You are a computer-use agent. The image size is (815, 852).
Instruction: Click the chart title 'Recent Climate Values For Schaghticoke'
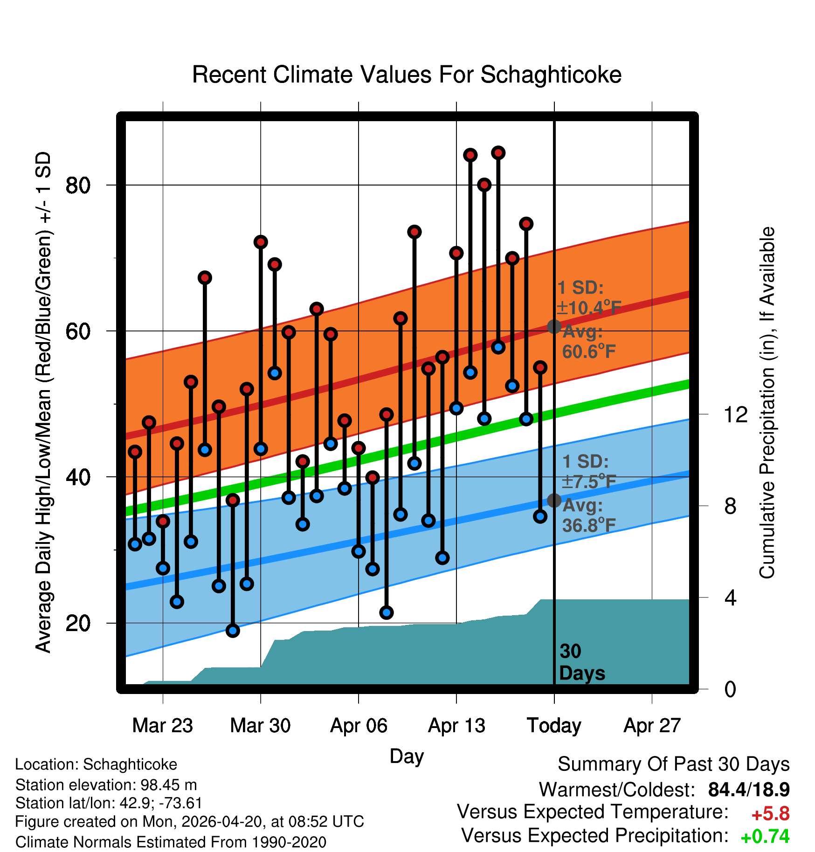tap(407, 75)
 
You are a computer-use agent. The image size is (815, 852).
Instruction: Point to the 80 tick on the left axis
tap(77, 186)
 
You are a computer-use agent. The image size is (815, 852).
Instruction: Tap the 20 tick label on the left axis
tap(77, 623)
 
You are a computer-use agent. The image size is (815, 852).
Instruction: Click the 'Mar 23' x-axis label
tap(162, 726)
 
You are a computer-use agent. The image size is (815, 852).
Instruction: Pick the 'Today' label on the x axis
tap(554, 726)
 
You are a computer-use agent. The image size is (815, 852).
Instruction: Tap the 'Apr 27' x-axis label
tap(652, 726)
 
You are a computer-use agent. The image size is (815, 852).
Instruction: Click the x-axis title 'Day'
tap(407, 756)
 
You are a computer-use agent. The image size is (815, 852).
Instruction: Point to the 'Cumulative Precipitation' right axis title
tap(767, 403)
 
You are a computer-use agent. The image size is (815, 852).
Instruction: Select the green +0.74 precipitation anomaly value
tap(765, 837)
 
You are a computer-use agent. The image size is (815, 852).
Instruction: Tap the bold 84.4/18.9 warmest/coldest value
tap(748, 790)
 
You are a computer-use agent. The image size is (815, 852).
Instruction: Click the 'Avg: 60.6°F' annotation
tap(588, 342)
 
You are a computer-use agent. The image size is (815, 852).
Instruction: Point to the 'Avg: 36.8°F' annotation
tap(588, 515)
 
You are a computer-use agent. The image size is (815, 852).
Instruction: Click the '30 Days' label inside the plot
tap(581, 662)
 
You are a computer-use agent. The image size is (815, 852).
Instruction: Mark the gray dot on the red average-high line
tap(554, 326)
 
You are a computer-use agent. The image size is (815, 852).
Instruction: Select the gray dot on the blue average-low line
tap(554, 500)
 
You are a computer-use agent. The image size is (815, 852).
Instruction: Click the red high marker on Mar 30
tap(261, 242)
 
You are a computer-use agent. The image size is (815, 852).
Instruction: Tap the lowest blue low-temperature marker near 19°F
tap(233, 631)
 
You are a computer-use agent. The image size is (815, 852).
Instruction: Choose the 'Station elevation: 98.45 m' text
tap(106, 785)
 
